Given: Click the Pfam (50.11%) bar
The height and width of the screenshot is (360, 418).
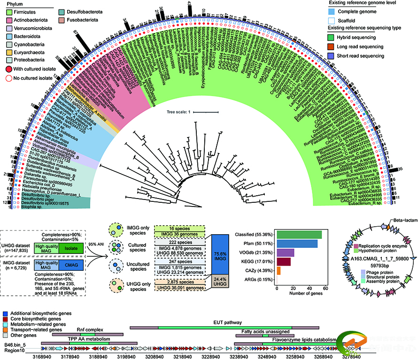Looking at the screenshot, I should coord(297,244).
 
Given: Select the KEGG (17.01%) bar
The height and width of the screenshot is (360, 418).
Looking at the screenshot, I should coord(284,262).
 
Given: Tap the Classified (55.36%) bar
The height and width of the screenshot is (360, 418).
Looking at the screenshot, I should coord(299,235).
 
